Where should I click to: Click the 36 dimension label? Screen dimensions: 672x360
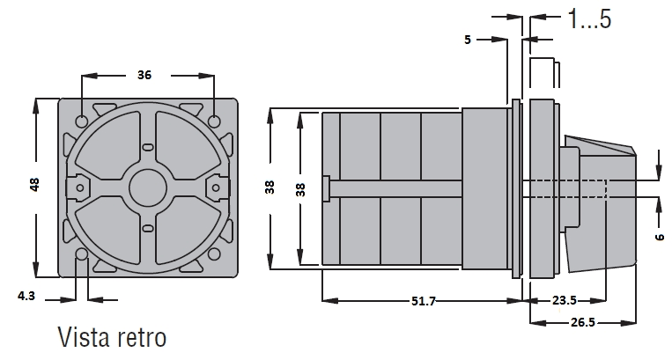(x=144, y=75)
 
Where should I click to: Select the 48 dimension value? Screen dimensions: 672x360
(x=34, y=185)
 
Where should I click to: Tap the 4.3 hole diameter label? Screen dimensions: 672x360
(x=26, y=296)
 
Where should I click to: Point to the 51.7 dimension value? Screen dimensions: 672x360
(x=424, y=301)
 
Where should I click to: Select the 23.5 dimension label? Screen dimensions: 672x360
(x=564, y=300)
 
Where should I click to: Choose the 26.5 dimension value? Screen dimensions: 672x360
(x=583, y=322)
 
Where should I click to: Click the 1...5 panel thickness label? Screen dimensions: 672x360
(x=590, y=18)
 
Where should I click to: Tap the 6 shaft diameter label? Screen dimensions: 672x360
(x=660, y=236)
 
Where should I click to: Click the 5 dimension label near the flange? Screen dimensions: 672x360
(x=468, y=40)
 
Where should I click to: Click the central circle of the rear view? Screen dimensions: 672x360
(x=148, y=187)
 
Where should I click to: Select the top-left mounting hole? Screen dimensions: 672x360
(x=82, y=121)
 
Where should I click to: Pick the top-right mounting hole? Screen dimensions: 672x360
(x=214, y=121)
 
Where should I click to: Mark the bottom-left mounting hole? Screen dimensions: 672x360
(x=82, y=254)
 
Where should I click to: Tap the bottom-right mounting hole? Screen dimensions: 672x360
(x=214, y=254)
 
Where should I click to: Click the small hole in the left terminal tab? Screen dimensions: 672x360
(x=80, y=187)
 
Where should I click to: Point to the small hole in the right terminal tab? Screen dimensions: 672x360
(x=216, y=187)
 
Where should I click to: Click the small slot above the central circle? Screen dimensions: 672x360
(x=148, y=147)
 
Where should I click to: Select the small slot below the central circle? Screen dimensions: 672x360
(x=148, y=228)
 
